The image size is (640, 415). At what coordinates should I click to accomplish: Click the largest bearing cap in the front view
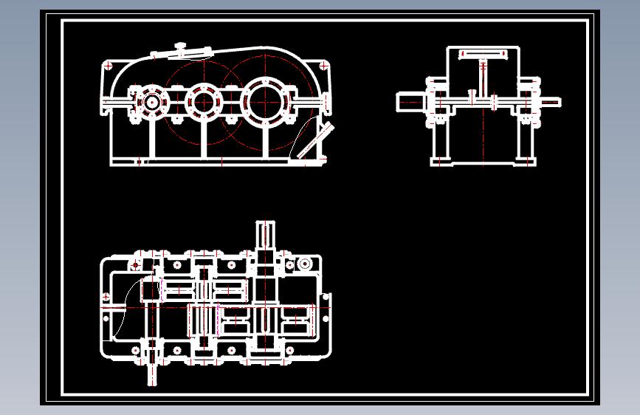(x=265, y=100)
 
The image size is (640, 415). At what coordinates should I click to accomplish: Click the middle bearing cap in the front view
(x=202, y=100)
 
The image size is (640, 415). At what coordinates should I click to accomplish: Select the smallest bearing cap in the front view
(x=153, y=102)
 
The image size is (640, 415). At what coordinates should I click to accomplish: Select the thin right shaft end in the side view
(x=551, y=101)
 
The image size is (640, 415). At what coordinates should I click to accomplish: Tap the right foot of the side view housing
(x=526, y=160)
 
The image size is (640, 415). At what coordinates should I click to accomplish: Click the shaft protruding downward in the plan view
(x=152, y=369)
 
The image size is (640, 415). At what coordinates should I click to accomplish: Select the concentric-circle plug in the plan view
(x=303, y=264)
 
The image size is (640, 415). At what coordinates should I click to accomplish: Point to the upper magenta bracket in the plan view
(x=161, y=289)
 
